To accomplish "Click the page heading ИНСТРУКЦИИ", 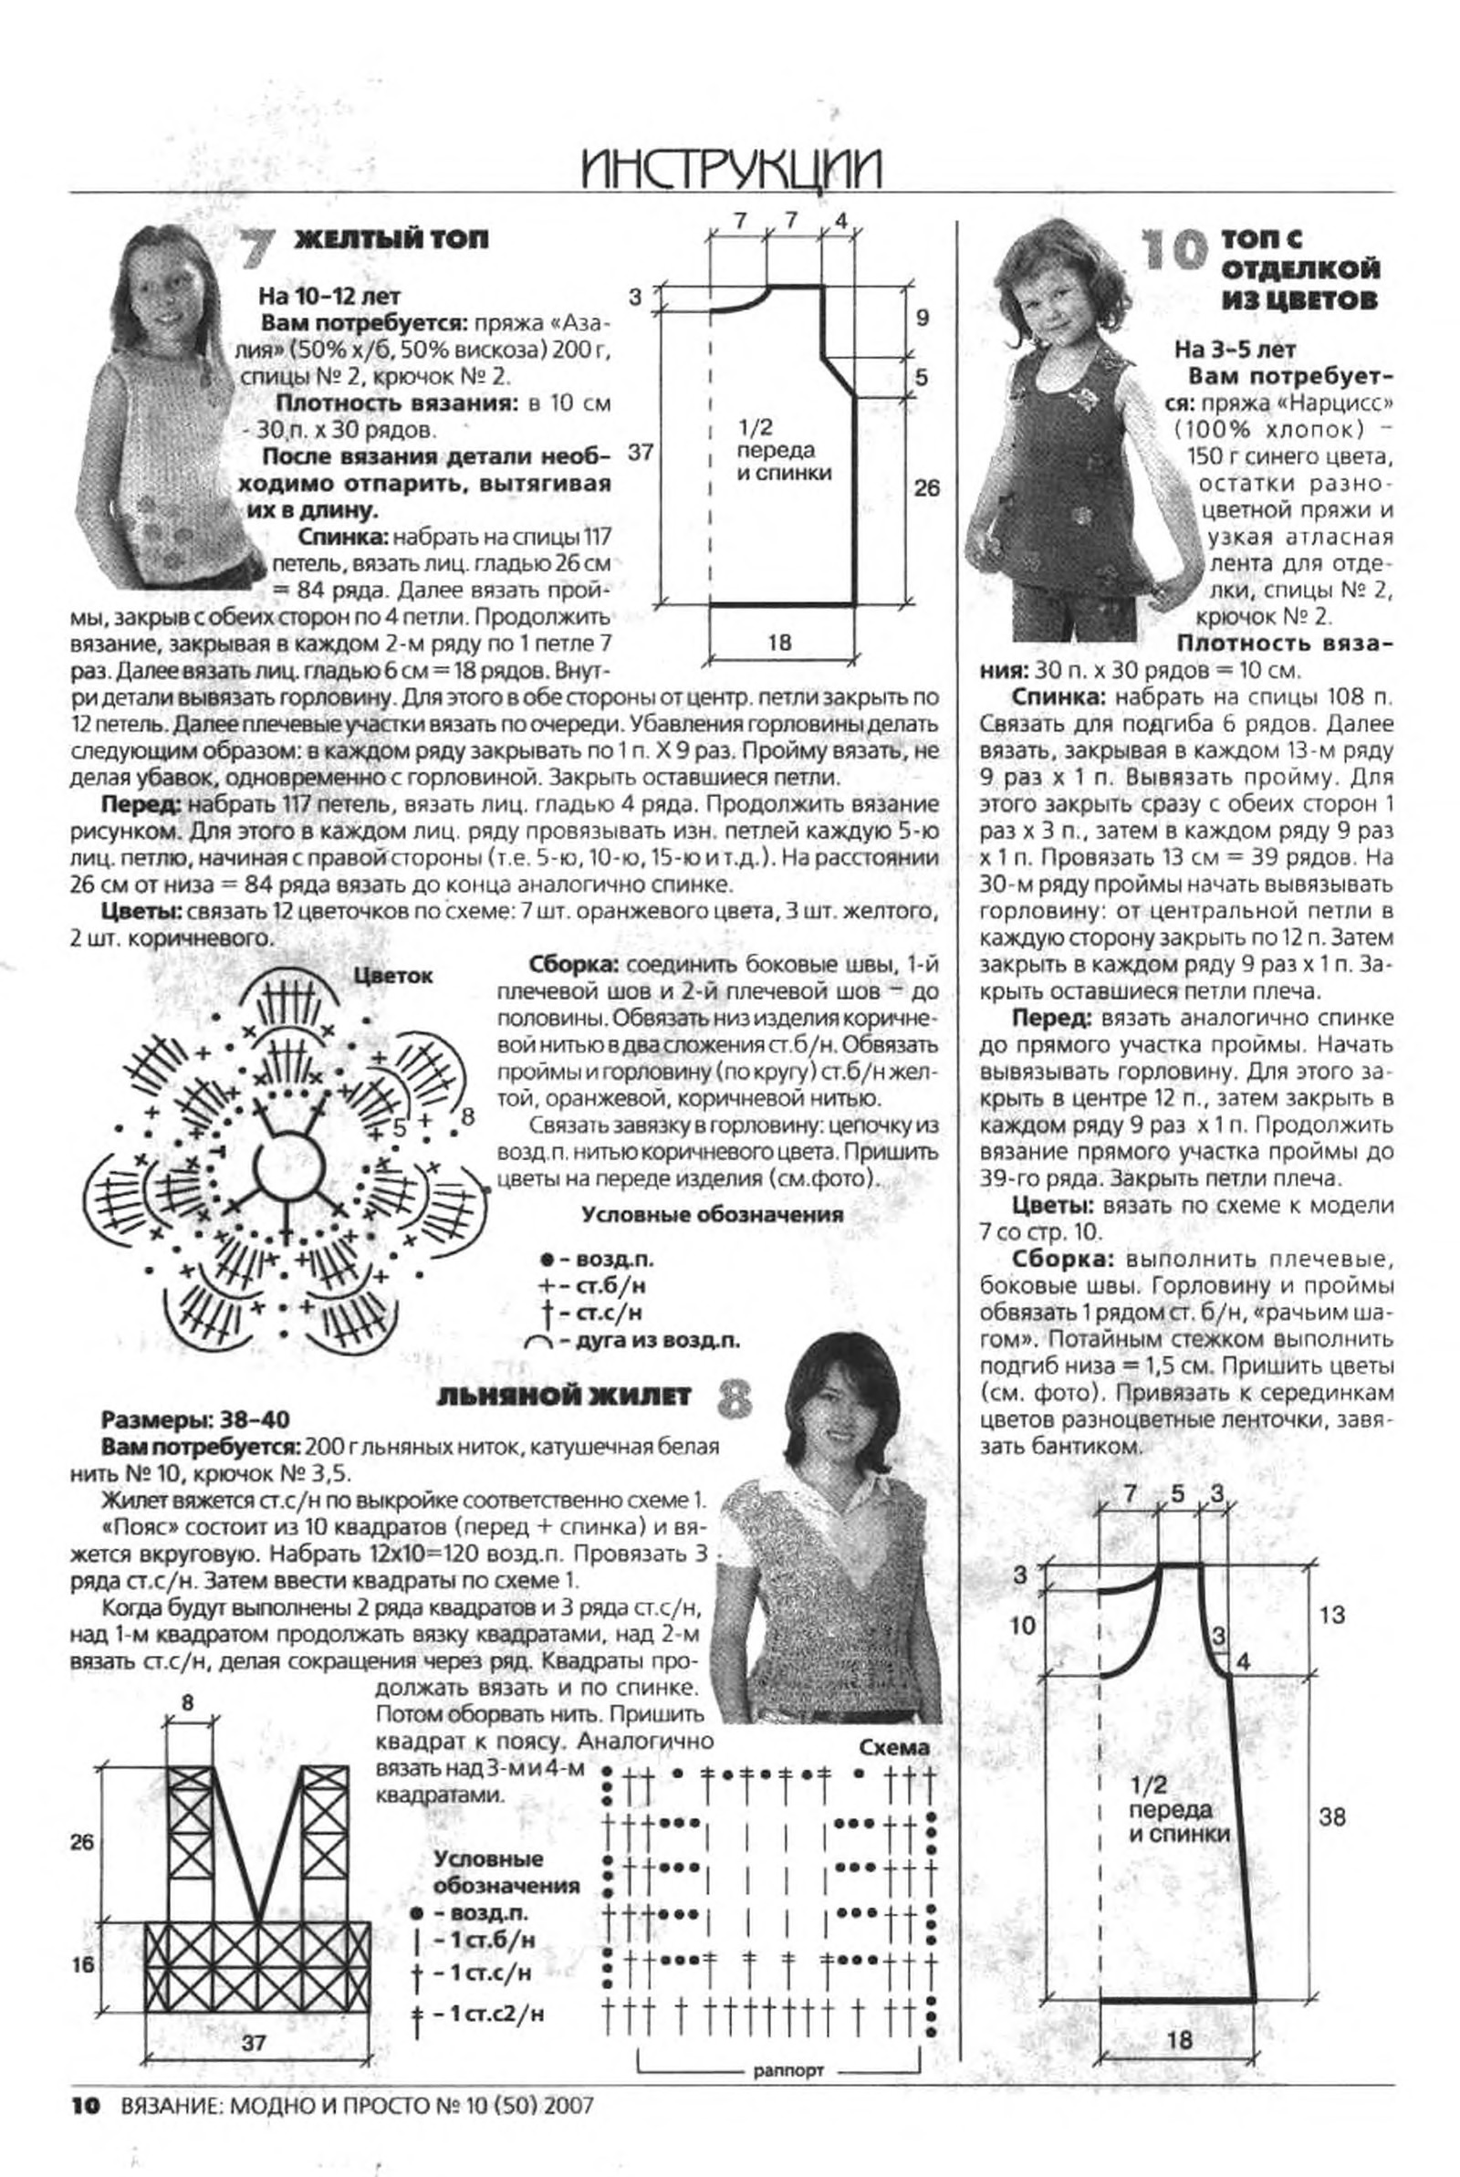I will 729,171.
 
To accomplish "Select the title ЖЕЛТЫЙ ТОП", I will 391,240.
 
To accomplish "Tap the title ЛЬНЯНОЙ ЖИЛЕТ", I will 563,1395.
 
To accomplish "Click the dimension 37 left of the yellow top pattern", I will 641,453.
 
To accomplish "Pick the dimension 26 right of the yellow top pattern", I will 926,488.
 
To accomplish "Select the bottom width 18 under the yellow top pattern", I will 780,642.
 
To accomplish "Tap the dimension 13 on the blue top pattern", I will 1331,1613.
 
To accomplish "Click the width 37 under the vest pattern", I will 254,2042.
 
